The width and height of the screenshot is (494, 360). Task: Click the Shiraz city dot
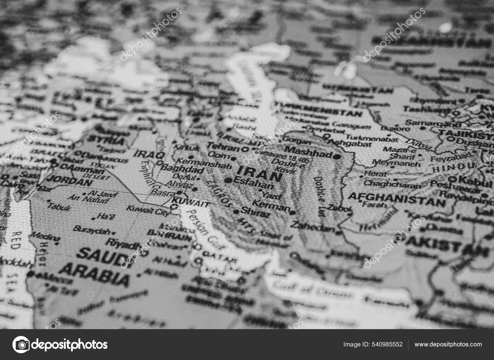[x=236, y=212]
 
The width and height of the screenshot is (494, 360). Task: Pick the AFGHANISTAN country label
[x=397, y=199]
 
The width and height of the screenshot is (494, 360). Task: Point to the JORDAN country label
[x=71, y=181]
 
